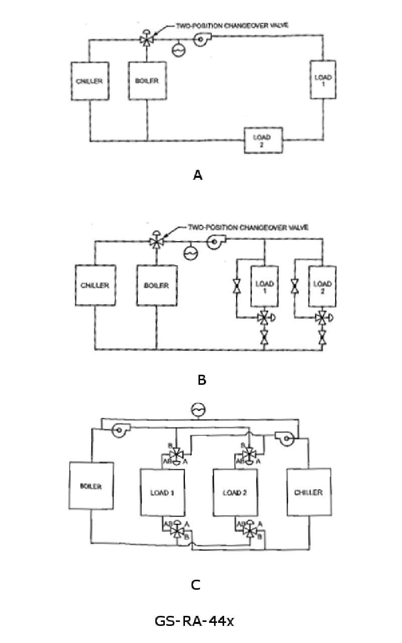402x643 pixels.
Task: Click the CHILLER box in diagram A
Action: click(x=89, y=81)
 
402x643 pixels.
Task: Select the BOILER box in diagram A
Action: click(x=147, y=81)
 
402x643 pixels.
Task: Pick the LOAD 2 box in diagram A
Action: click(x=263, y=140)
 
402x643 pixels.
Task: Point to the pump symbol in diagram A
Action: click(x=203, y=37)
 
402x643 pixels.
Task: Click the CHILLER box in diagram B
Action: click(x=95, y=285)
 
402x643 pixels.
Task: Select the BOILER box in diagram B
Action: click(x=157, y=285)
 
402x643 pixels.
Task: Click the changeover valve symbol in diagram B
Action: click(x=156, y=242)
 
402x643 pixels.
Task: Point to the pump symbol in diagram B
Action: click(x=215, y=242)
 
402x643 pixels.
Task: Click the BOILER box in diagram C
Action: click(x=91, y=486)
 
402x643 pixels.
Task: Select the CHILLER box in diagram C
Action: click(x=308, y=492)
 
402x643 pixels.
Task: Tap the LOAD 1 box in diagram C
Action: click(x=162, y=492)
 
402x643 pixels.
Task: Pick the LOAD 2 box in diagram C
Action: click(x=235, y=492)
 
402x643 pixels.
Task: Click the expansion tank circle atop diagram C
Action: click(x=198, y=410)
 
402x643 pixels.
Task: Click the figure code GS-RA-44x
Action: click(x=194, y=621)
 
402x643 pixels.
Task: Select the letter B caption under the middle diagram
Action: click(x=202, y=380)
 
